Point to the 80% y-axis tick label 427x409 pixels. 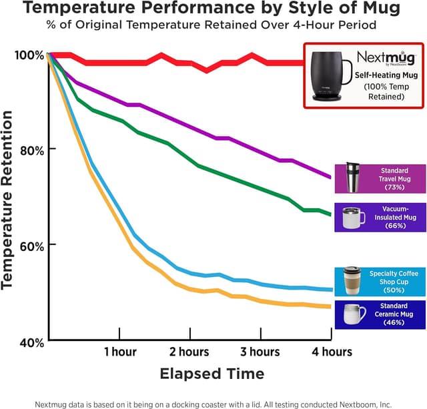point(29,149)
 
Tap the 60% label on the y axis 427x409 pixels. point(29,245)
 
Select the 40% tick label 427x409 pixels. point(29,342)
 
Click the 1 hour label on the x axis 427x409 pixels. point(120,352)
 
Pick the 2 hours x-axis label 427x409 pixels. point(189,352)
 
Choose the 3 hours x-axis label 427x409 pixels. point(260,352)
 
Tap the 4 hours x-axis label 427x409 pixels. point(331,352)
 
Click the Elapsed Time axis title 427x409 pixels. point(211,373)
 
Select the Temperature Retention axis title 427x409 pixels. point(8,200)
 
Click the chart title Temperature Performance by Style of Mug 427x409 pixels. point(211,9)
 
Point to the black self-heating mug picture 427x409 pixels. point(331,75)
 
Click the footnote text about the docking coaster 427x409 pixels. point(211,403)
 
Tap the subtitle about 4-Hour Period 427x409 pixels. point(211,25)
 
